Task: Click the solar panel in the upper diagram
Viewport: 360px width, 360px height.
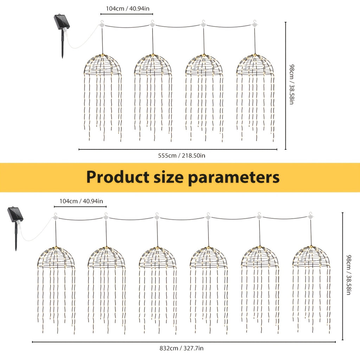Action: pos(62,22)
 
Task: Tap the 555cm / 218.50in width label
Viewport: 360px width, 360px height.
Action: pos(182,156)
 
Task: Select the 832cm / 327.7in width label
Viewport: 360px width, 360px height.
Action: pos(181,348)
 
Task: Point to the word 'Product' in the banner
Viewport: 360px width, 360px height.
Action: pos(118,177)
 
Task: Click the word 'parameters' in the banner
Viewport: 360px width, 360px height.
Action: pos(234,178)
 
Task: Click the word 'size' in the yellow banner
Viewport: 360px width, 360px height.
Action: pos(168,177)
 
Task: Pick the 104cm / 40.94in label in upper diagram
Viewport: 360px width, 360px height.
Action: pos(128,9)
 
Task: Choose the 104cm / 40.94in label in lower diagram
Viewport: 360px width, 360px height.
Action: pos(81,201)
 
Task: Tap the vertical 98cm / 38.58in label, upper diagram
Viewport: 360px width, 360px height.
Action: pos(291,84)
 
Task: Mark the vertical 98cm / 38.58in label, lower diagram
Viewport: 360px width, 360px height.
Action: pos(348,275)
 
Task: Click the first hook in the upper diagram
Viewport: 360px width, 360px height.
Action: pos(102,24)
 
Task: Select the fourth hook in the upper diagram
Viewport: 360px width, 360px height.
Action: pos(255,24)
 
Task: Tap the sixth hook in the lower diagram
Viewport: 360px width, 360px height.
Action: pos(311,216)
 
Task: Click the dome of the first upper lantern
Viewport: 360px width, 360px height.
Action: pos(102,64)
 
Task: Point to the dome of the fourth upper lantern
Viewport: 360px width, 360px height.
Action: pos(255,64)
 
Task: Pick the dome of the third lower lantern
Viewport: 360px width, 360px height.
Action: pos(157,257)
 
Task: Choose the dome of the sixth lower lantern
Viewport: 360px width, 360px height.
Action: pos(311,256)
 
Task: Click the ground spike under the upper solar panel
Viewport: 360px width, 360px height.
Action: pos(62,44)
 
